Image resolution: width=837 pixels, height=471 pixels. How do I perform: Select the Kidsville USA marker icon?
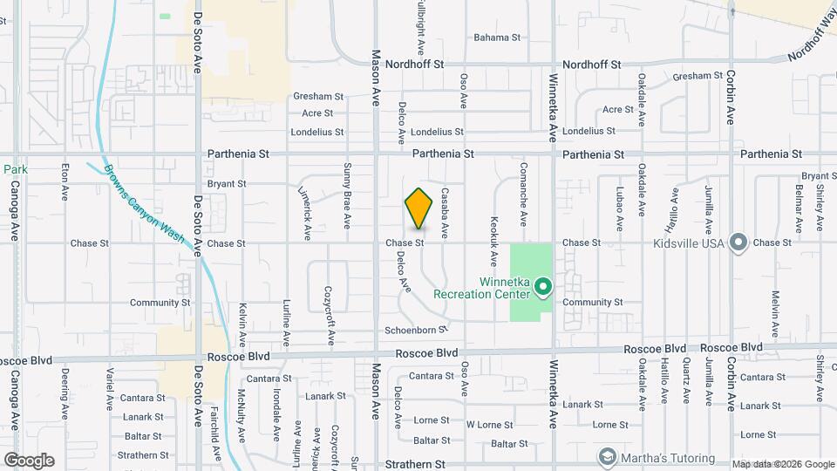click(x=739, y=242)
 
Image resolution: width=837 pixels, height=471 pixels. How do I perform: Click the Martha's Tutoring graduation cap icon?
click(x=607, y=457)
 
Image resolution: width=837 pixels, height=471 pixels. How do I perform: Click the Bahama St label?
click(x=496, y=38)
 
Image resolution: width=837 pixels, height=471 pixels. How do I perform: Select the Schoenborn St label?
click(x=416, y=330)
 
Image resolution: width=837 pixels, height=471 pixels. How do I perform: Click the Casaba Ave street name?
click(x=445, y=213)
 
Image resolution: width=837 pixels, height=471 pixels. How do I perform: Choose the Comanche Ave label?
click(x=523, y=194)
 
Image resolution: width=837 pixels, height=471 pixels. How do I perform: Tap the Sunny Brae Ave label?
click(x=347, y=195)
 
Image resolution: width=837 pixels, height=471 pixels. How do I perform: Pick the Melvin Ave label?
click(x=774, y=314)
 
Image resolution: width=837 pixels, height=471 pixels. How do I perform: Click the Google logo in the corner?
click(x=29, y=460)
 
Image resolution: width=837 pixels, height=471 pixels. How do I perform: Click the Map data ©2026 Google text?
click(x=782, y=464)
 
